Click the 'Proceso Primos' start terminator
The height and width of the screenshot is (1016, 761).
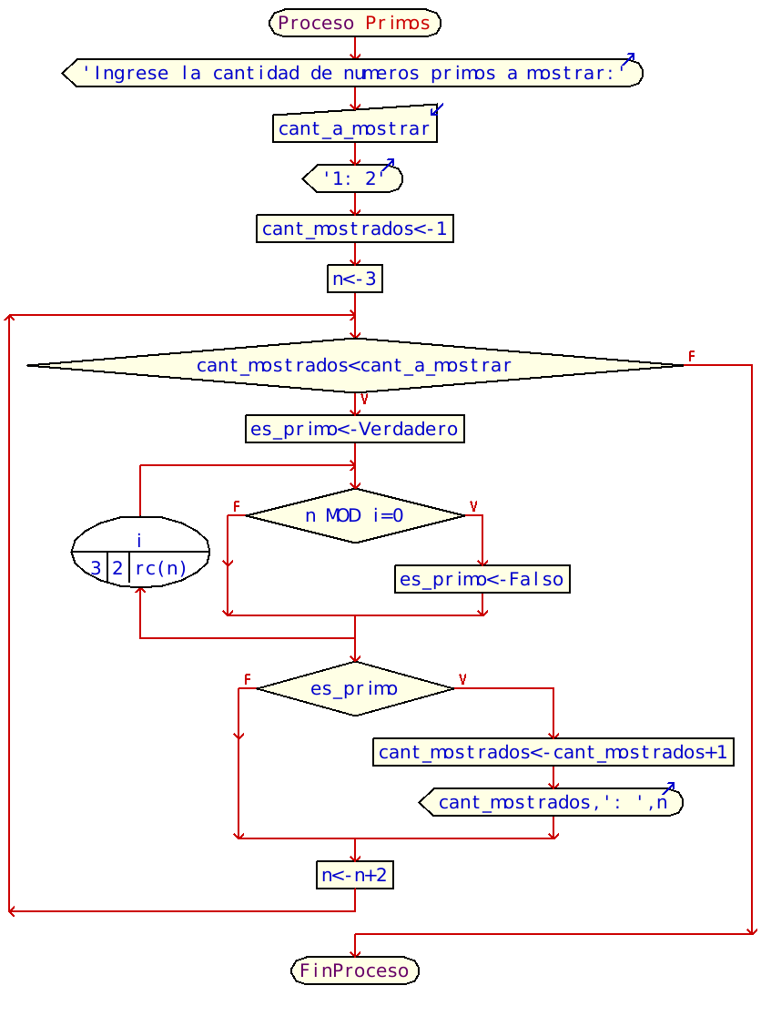click(x=355, y=23)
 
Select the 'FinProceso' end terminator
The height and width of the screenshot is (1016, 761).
click(x=355, y=970)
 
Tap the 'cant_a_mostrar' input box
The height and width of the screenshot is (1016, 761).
click(x=355, y=128)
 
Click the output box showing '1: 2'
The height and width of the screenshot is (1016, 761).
click(x=353, y=178)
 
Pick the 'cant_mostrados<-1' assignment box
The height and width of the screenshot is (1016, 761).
click(x=355, y=229)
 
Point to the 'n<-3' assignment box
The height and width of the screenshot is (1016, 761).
click(x=355, y=279)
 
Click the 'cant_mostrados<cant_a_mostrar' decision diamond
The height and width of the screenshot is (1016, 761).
click(x=355, y=366)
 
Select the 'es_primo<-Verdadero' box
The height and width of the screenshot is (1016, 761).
click(x=355, y=429)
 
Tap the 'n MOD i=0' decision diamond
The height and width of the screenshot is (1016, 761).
click(x=355, y=515)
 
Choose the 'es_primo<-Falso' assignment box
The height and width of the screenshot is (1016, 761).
click(x=482, y=579)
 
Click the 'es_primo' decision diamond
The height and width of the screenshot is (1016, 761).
click(x=355, y=688)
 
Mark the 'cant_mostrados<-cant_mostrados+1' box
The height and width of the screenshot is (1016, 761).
click(x=553, y=752)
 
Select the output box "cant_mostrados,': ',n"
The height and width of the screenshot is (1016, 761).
click(x=552, y=802)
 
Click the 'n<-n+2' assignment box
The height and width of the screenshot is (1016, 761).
click(x=355, y=875)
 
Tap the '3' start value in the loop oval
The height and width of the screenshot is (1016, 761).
click(x=96, y=569)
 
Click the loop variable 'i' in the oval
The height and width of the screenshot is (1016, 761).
click(x=139, y=540)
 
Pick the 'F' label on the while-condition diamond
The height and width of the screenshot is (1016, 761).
click(x=692, y=356)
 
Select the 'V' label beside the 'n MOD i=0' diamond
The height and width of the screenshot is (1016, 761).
click(x=472, y=506)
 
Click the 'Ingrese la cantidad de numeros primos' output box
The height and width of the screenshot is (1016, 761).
click(x=353, y=74)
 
